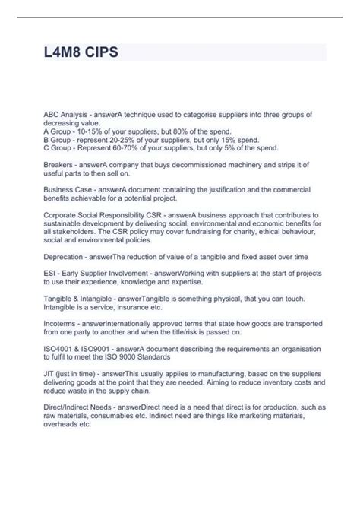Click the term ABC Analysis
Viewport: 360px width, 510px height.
[65, 113]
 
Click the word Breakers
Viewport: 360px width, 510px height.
[58, 164]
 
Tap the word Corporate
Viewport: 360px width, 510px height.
[62, 215]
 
